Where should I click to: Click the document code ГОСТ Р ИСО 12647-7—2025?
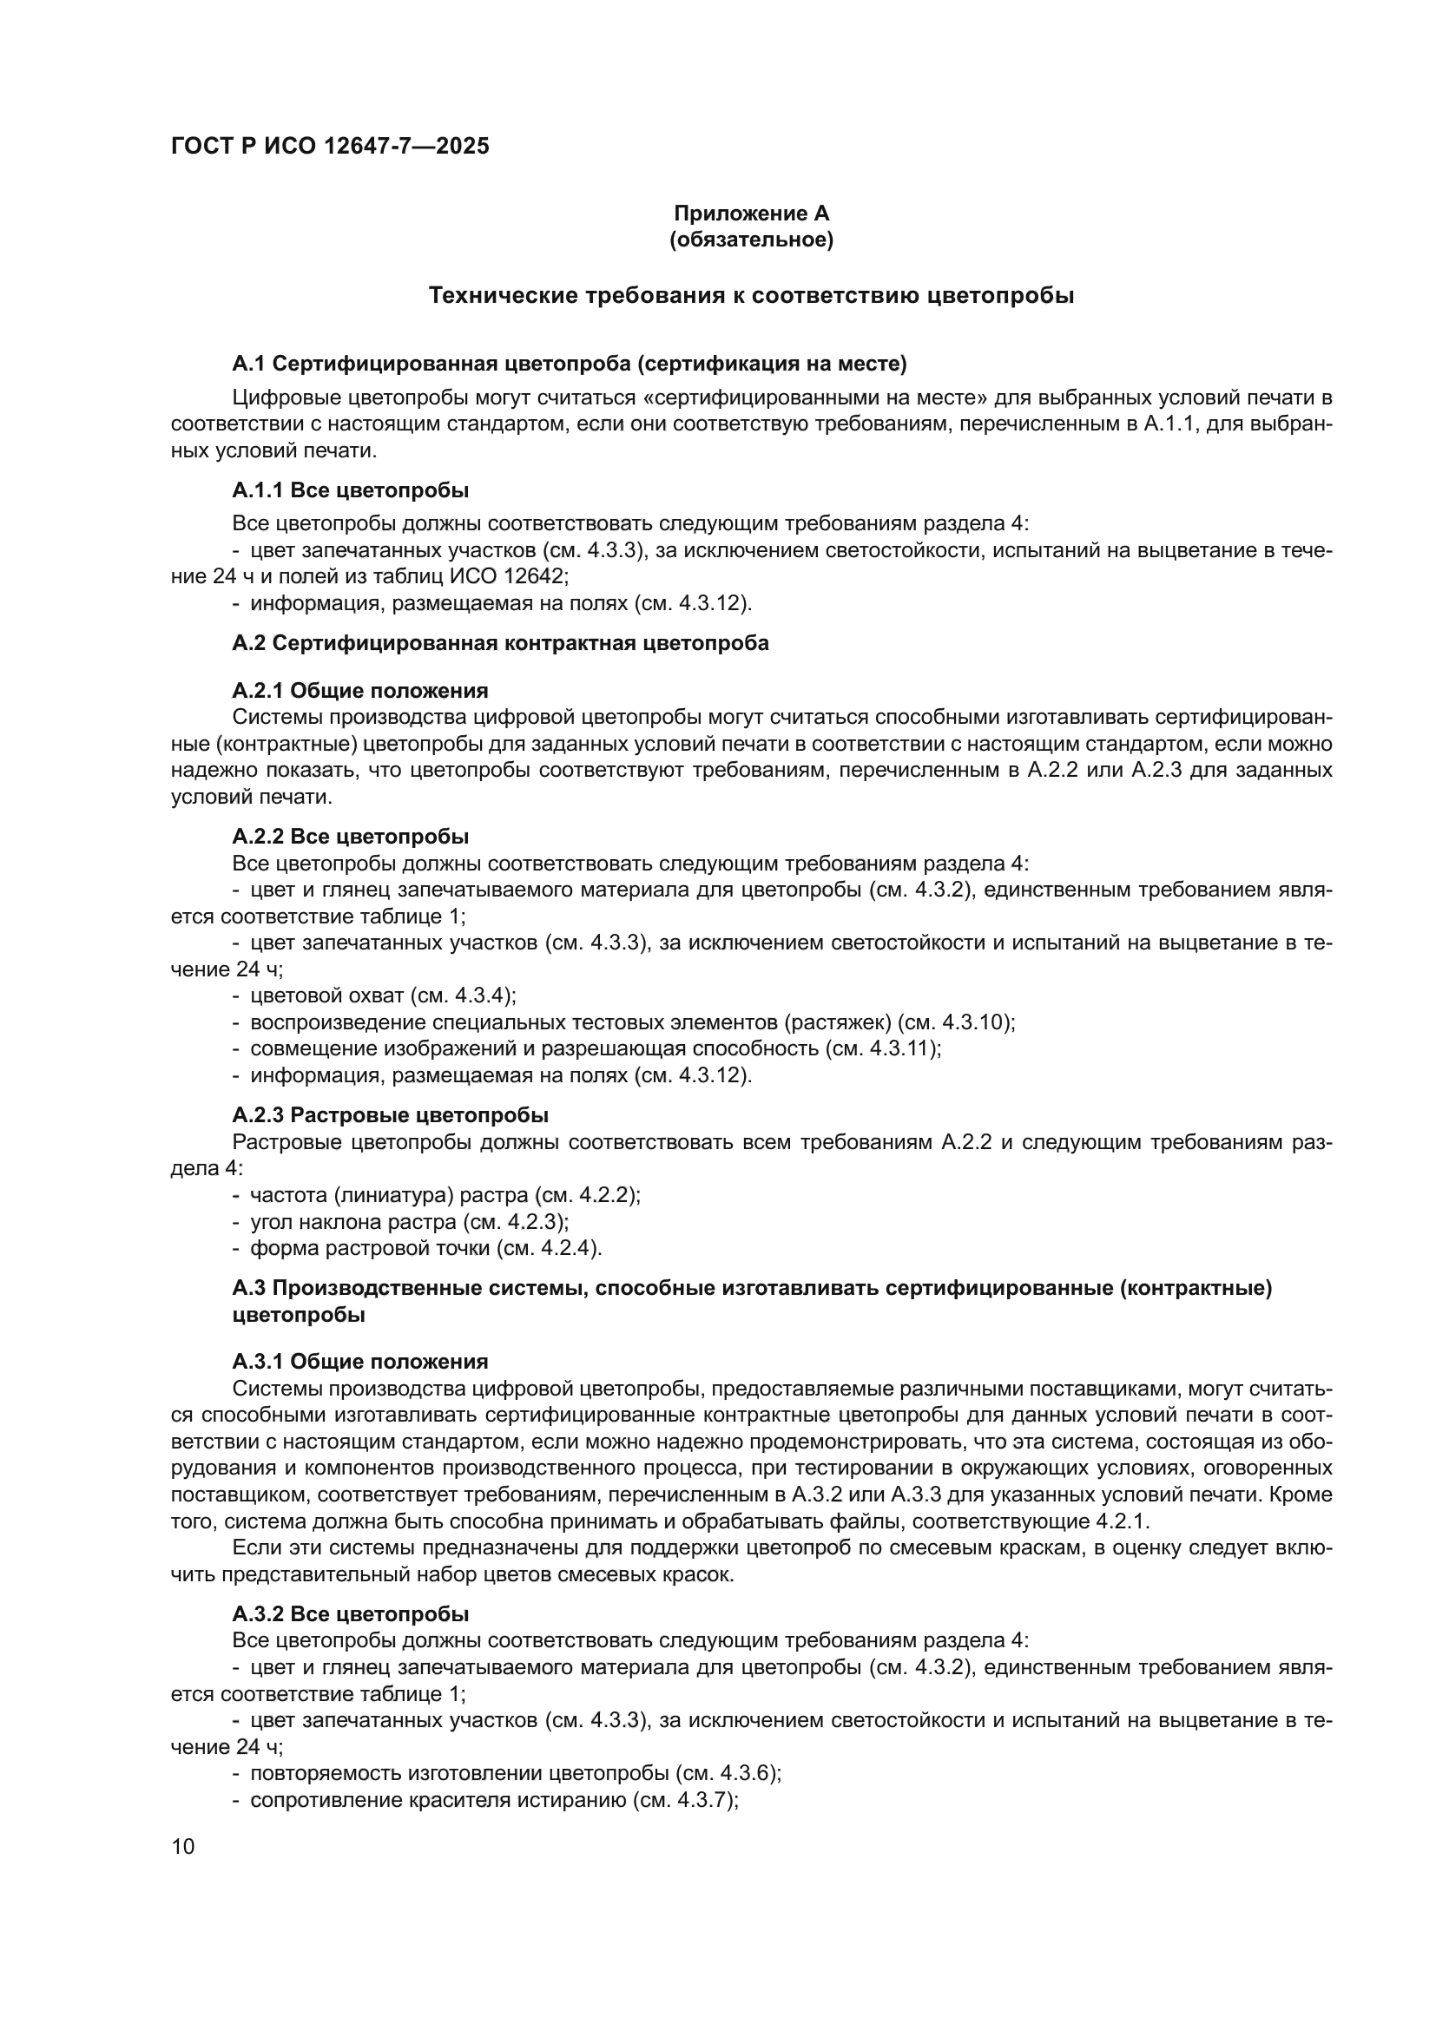click(330, 146)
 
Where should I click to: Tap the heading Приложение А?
click(751, 214)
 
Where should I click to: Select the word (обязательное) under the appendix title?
click(751, 240)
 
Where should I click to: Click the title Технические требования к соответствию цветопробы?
click(751, 295)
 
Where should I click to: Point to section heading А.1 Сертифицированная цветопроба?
click(570, 364)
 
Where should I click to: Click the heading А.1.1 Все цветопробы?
click(350, 489)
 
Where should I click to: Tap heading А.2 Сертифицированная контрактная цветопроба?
click(500, 643)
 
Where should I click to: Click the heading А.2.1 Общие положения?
click(360, 691)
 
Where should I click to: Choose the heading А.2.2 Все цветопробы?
click(350, 837)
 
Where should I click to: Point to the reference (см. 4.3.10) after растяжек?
click(955, 1023)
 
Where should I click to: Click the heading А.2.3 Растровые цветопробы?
click(390, 1115)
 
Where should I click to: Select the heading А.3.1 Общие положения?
click(360, 1362)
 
